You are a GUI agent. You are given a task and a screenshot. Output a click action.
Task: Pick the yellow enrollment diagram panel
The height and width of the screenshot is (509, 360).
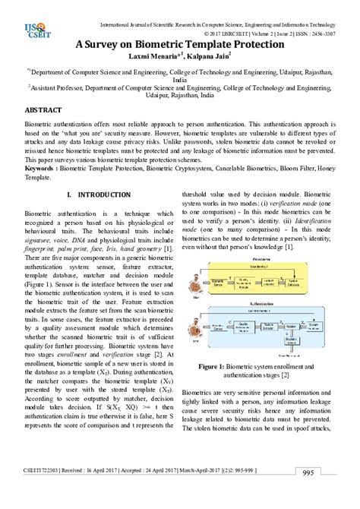pyautogui.click(x=264, y=279)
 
